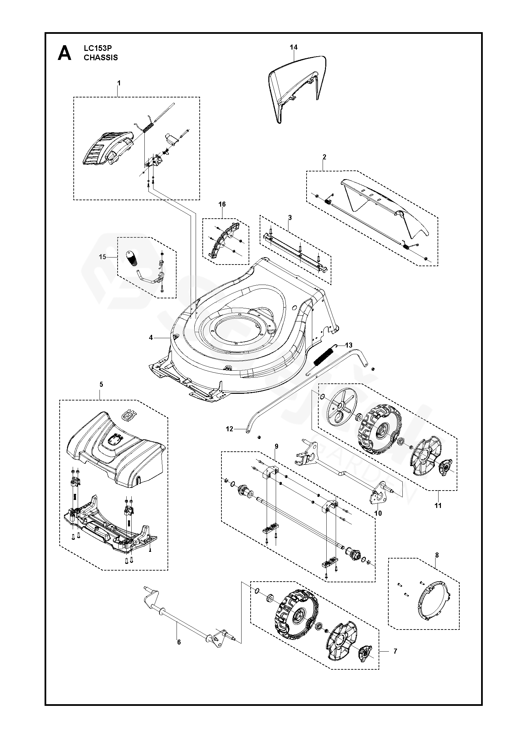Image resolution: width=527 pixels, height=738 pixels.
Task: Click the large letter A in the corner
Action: [x=64, y=53]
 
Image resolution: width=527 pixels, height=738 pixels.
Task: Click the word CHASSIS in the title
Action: [x=101, y=58]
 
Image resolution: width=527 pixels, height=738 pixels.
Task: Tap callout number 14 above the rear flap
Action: [x=293, y=48]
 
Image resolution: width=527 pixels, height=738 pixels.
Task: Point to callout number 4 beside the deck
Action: [x=151, y=338]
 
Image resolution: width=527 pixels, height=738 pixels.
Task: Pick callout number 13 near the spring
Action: [x=349, y=345]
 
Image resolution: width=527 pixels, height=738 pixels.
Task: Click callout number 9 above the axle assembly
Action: [x=276, y=446]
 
